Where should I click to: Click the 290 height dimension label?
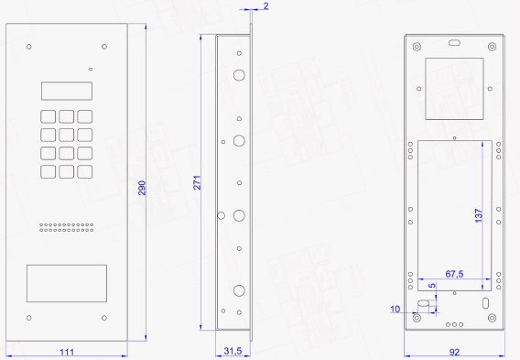pyautogui.click(x=142, y=188)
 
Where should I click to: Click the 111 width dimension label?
pyautogui.click(x=67, y=352)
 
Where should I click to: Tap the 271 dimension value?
pyautogui.click(x=197, y=182)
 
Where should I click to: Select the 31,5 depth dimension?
pyautogui.click(x=233, y=351)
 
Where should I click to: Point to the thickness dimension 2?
pyautogui.click(x=266, y=5)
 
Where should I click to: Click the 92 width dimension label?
pyautogui.click(x=454, y=352)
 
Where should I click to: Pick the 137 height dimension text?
pyautogui.click(x=478, y=215)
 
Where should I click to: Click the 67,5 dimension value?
pyautogui.click(x=454, y=274)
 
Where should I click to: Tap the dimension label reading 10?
pyautogui.click(x=395, y=309)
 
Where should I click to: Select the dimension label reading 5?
pyautogui.click(x=432, y=286)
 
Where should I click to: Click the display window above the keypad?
pyautogui.click(x=67, y=91)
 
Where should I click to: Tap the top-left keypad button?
pyautogui.click(x=49, y=116)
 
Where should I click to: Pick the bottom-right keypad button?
pyautogui.click(x=85, y=172)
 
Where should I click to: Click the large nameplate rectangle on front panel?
pyautogui.click(x=67, y=283)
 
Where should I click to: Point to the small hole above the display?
pyautogui.click(x=91, y=69)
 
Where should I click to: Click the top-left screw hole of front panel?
pyautogui.click(x=29, y=47)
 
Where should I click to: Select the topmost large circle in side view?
pyautogui.click(x=239, y=75)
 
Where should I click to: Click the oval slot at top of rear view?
pyautogui.click(x=454, y=43)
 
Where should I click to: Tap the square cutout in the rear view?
pyautogui.click(x=454, y=89)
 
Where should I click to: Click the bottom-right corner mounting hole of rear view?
pyautogui.click(x=493, y=318)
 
